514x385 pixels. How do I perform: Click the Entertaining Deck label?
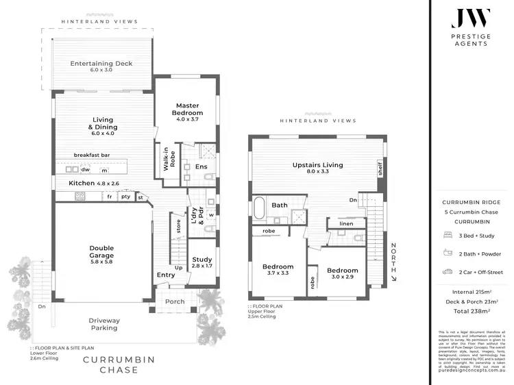101,67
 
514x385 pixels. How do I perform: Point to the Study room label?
202,263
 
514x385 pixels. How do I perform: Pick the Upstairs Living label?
317,169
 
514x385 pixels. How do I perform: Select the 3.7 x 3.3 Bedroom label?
278,271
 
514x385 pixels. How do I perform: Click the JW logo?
469,18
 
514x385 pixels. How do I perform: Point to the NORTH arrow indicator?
393,262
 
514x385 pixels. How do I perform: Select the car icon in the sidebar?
448,272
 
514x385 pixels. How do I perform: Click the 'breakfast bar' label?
92,156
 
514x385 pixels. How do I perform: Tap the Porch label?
175,301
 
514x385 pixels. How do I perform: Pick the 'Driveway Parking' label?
104,323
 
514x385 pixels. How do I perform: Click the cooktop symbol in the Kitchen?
79,197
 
